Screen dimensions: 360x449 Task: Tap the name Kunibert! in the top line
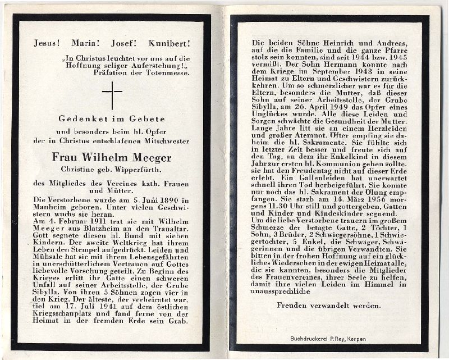[x=169, y=43]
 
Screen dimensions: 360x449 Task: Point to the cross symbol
[x=112, y=95]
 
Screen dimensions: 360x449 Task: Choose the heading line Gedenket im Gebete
[x=112, y=119]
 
